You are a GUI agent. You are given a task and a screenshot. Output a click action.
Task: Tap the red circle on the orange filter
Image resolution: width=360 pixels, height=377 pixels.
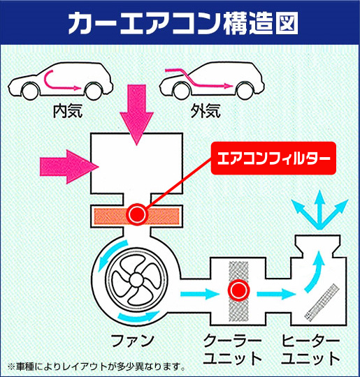coord(136,213)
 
